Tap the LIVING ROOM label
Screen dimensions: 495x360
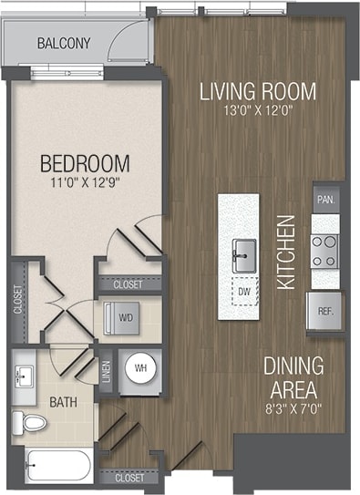(x=258, y=91)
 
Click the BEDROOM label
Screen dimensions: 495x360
(x=85, y=165)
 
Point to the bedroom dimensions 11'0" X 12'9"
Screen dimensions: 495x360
(x=85, y=185)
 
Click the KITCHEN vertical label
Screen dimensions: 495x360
(x=286, y=252)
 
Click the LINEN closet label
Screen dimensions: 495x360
(x=106, y=370)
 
